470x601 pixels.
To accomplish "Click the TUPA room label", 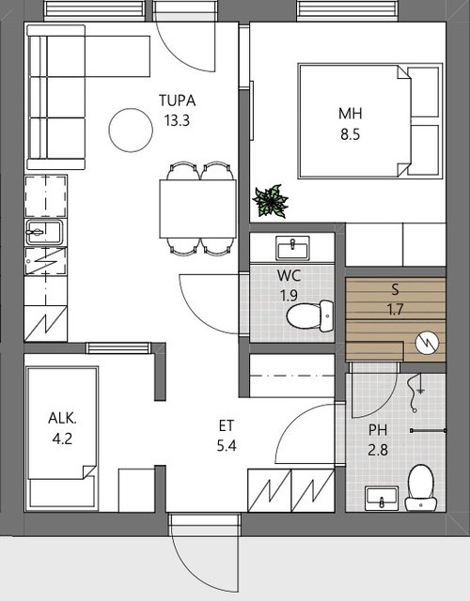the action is (178, 100).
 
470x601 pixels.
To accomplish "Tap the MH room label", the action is (351, 114).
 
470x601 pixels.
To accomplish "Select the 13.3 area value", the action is (178, 121).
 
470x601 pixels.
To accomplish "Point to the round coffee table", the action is (131, 131).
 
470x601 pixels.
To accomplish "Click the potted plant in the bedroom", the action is (271, 201).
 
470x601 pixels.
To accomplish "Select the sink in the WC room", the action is (292, 248).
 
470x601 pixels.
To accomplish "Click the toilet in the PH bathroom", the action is (421, 487).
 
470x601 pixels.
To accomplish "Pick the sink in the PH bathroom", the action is (382, 499).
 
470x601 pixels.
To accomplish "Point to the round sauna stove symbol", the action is (427, 342).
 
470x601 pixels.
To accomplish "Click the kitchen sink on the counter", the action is (44, 232).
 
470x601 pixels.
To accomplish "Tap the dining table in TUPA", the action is (197, 208).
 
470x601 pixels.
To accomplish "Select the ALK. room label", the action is (63, 418).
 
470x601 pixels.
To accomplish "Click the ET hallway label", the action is (227, 425).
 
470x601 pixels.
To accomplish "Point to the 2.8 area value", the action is (378, 450).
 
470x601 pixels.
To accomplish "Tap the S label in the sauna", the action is (395, 289).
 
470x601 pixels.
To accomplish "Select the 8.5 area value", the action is (351, 134).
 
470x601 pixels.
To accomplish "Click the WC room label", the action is (289, 275).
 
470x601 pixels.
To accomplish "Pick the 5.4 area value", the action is (227, 446).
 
